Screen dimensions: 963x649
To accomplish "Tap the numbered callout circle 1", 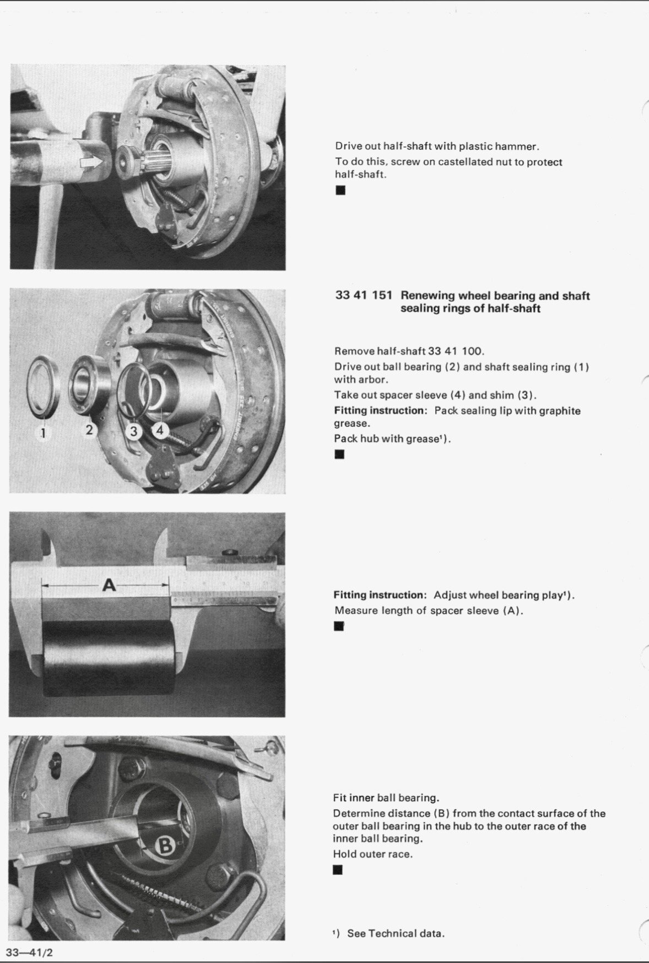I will click(x=43, y=433).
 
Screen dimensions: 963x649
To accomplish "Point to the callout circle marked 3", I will click(x=133, y=431).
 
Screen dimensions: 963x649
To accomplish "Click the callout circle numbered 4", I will click(x=160, y=430).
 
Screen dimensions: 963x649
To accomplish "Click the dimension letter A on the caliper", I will click(x=109, y=585).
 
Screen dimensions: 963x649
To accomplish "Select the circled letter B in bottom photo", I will click(x=165, y=846).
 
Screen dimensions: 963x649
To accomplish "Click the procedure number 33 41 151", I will click(x=363, y=295).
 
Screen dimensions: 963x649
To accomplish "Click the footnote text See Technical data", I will click(x=396, y=933).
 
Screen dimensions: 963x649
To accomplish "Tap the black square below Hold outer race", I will click(x=338, y=870).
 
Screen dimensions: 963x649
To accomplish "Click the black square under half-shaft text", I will click(x=340, y=191).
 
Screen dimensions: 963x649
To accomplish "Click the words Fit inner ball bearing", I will click(x=386, y=798).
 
